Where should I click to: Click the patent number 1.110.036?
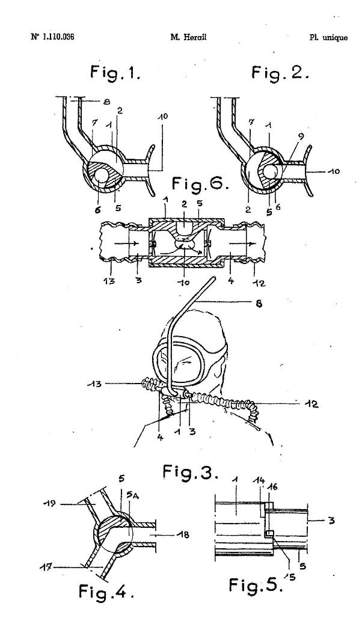(x=53, y=37)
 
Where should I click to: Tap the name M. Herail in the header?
(x=188, y=37)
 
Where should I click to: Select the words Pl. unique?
(x=328, y=38)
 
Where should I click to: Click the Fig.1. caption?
(x=115, y=73)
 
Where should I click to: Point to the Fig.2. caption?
(x=280, y=73)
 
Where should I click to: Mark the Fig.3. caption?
(x=191, y=471)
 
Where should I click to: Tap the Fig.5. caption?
(x=256, y=585)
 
